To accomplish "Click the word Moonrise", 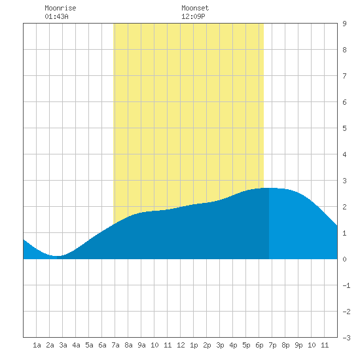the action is pyautogui.click(x=60, y=8).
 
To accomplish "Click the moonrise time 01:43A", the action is pyautogui.click(x=56, y=16).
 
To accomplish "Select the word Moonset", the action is pyautogui.click(x=195, y=8).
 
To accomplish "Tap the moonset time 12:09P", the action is pyautogui.click(x=193, y=16).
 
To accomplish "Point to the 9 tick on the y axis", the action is pyautogui.click(x=344, y=24).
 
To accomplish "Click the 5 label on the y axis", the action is pyautogui.click(x=344, y=128).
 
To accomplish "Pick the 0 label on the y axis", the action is pyautogui.click(x=344, y=259).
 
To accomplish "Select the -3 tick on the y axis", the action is pyautogui.click(x=346, y=338).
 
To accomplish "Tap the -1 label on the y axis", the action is pyautogui.click(x=346, y=285).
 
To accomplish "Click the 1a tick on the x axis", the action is pyautogui.click(x=37, y=345).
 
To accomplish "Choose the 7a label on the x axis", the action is pyautogui.click(x=115, y=345).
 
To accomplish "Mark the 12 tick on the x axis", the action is pyautogui.click(x=181, y=345).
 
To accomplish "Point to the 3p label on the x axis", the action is pyautogui.click(x=220, y=345).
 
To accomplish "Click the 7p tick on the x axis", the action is pyautogui.click(x=272, y=345).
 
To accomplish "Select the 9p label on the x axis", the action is pyautogui.click(x=298, y=345).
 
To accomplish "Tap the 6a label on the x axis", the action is pyautogui.click(x=102, y=345).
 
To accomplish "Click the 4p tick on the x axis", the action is pyautogui.click(x=233, y=345).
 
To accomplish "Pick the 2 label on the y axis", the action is pyautogui.click(x=344, y=207).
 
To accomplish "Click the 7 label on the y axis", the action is pyautogui.click(x=344, y=76).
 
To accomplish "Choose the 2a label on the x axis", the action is pyautogui.click(x=50, y=345).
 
